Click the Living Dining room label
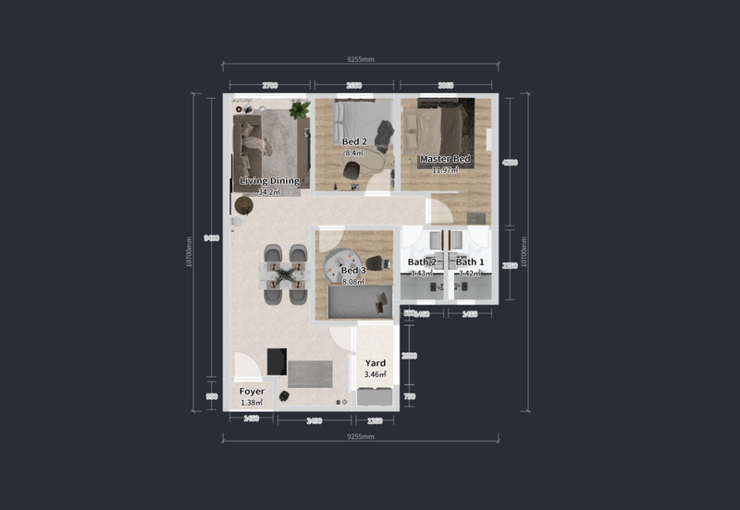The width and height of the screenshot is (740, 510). pos(269,181)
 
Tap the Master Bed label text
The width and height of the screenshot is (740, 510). pos(445,159)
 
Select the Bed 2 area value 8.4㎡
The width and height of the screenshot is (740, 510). pos(354,152)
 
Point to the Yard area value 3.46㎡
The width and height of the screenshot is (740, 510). pos(375,375)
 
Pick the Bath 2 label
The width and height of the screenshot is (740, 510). pos(422,262)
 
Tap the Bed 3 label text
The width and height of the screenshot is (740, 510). pos(354,270)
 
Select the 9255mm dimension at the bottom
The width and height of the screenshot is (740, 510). pos(360,436)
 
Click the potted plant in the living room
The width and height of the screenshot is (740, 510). pos(299,110)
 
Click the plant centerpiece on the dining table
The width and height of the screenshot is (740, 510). pos(285,273)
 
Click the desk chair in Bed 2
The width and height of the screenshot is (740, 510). pos(352,171)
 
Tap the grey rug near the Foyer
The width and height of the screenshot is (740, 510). pos(309,373)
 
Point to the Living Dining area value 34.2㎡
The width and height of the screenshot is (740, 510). pos(269,192)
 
